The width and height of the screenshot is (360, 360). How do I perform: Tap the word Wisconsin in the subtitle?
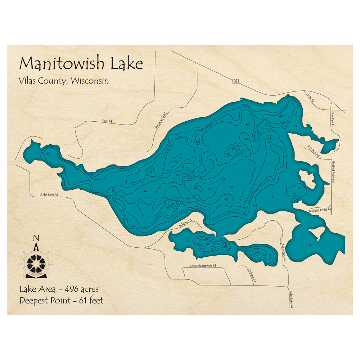90,81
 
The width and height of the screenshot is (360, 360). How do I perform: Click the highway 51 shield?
235,82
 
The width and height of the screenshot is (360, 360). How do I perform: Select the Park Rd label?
107,121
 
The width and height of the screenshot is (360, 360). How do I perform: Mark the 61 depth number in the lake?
196,186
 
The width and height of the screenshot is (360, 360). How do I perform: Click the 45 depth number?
231,186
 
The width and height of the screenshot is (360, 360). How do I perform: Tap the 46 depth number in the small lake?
208,244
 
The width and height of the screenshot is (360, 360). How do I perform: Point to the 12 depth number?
234,149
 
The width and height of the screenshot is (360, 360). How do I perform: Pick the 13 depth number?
151,172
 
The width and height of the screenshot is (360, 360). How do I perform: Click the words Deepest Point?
45,301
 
